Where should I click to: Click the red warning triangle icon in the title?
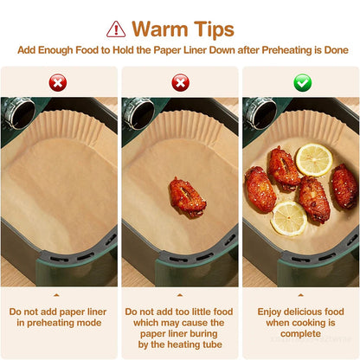pyautogui.click(x=116, y=29)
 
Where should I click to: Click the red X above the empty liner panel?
pyautogui.click(x=59, y=83)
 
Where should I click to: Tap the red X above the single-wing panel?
pyautogui.click(x=180, y=83)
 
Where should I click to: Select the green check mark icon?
pyautogui.click(x=302, y=83)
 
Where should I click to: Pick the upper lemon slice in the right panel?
pyautogui.click(x=313, y=159)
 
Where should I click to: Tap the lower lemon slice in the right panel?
pyautogui.click(x=288, y=218)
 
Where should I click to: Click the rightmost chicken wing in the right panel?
pyautogui.click(x=344, y=185)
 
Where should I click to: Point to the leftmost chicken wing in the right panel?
pyautogui.click(x=260, y=190)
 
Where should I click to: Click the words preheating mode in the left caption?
pyautogui.click(x=59, y=324)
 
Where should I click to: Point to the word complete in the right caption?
pyautogui.click(x=301, y=335)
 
